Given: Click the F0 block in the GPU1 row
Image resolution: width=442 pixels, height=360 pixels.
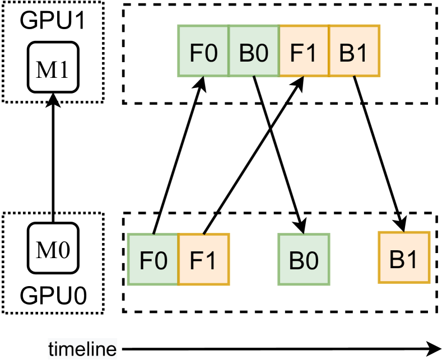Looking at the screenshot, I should [203, 51].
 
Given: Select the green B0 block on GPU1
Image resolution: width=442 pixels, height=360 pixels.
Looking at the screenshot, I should [254, 51].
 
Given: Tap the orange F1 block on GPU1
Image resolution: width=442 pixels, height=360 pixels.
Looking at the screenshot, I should [304, 51].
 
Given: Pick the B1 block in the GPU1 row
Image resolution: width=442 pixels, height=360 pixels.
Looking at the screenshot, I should [354, 51].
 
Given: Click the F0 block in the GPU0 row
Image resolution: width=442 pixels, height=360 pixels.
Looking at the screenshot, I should [153, 260].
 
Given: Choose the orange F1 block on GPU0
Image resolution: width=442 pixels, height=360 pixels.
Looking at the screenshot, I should [203, 260].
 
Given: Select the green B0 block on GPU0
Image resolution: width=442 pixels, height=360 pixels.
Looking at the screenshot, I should [304, 260].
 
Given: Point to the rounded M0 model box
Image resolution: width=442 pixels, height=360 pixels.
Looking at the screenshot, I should [53, 249].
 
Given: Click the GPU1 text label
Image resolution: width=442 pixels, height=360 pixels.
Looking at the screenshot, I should [53, 21].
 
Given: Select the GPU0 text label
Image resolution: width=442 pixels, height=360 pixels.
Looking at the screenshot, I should [53, 294].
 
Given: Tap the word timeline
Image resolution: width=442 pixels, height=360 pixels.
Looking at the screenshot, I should [82, 349].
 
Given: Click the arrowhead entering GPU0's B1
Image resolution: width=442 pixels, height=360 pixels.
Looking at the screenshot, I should [402, 223].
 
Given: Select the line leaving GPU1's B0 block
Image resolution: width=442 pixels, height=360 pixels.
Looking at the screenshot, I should [258, 90].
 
